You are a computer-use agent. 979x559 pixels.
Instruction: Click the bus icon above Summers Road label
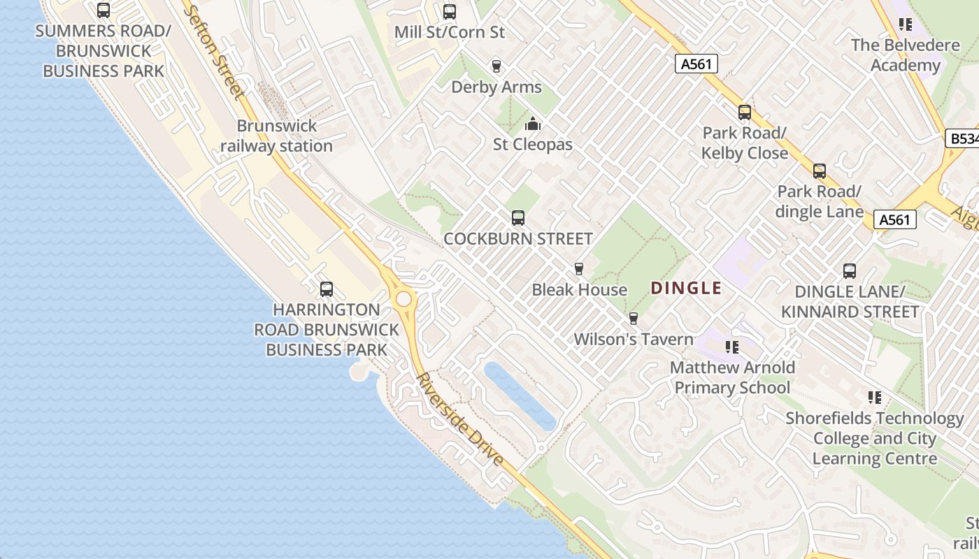pyautogui.click(x=103, y=10)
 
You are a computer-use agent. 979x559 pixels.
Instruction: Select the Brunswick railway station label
pyautogui.click(x=277, y=136)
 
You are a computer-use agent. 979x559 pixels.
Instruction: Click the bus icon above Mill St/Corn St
pyautogui.click(x=449, y=12)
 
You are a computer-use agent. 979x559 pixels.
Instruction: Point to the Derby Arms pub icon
pyautogui.click(x=496, y=66)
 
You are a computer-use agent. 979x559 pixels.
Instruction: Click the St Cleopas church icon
pyautogui.click(x=533, y=124)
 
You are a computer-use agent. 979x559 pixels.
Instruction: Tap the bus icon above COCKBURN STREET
pyautogui.click(x=518, y=218)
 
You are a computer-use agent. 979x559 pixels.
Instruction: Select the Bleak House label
pyautogui.click(x=579, y=289)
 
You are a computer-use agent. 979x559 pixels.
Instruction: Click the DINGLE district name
pyautogui.click(x=686, y=288)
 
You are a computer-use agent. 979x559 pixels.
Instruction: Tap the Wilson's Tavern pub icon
pyautogui.click(x=634, y=319)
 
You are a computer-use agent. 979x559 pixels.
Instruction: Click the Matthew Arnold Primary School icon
pyautogui.click(x=732, y=347)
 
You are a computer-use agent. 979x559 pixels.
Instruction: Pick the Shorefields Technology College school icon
pyautogui.click(x=874, y=398)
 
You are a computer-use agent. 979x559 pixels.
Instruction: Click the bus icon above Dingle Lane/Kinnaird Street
pyautogui.click(x=850, y=271)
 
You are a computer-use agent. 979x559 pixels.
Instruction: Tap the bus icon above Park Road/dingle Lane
pyautogui.click(x=819, y=171)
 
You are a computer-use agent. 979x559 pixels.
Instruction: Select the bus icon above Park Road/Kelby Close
pyautogui.click(x=745, y=112)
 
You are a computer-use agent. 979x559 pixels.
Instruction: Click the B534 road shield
pyautogui.click(x=963, y=138)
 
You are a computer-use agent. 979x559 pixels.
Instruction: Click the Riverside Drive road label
pyautogui.click(x=460, y=420)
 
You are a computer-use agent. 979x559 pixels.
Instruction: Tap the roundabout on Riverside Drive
pyautogui.click(x=403, y=299)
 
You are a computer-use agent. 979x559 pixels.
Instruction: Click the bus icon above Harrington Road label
pyautogui.click(x=326, y=289)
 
